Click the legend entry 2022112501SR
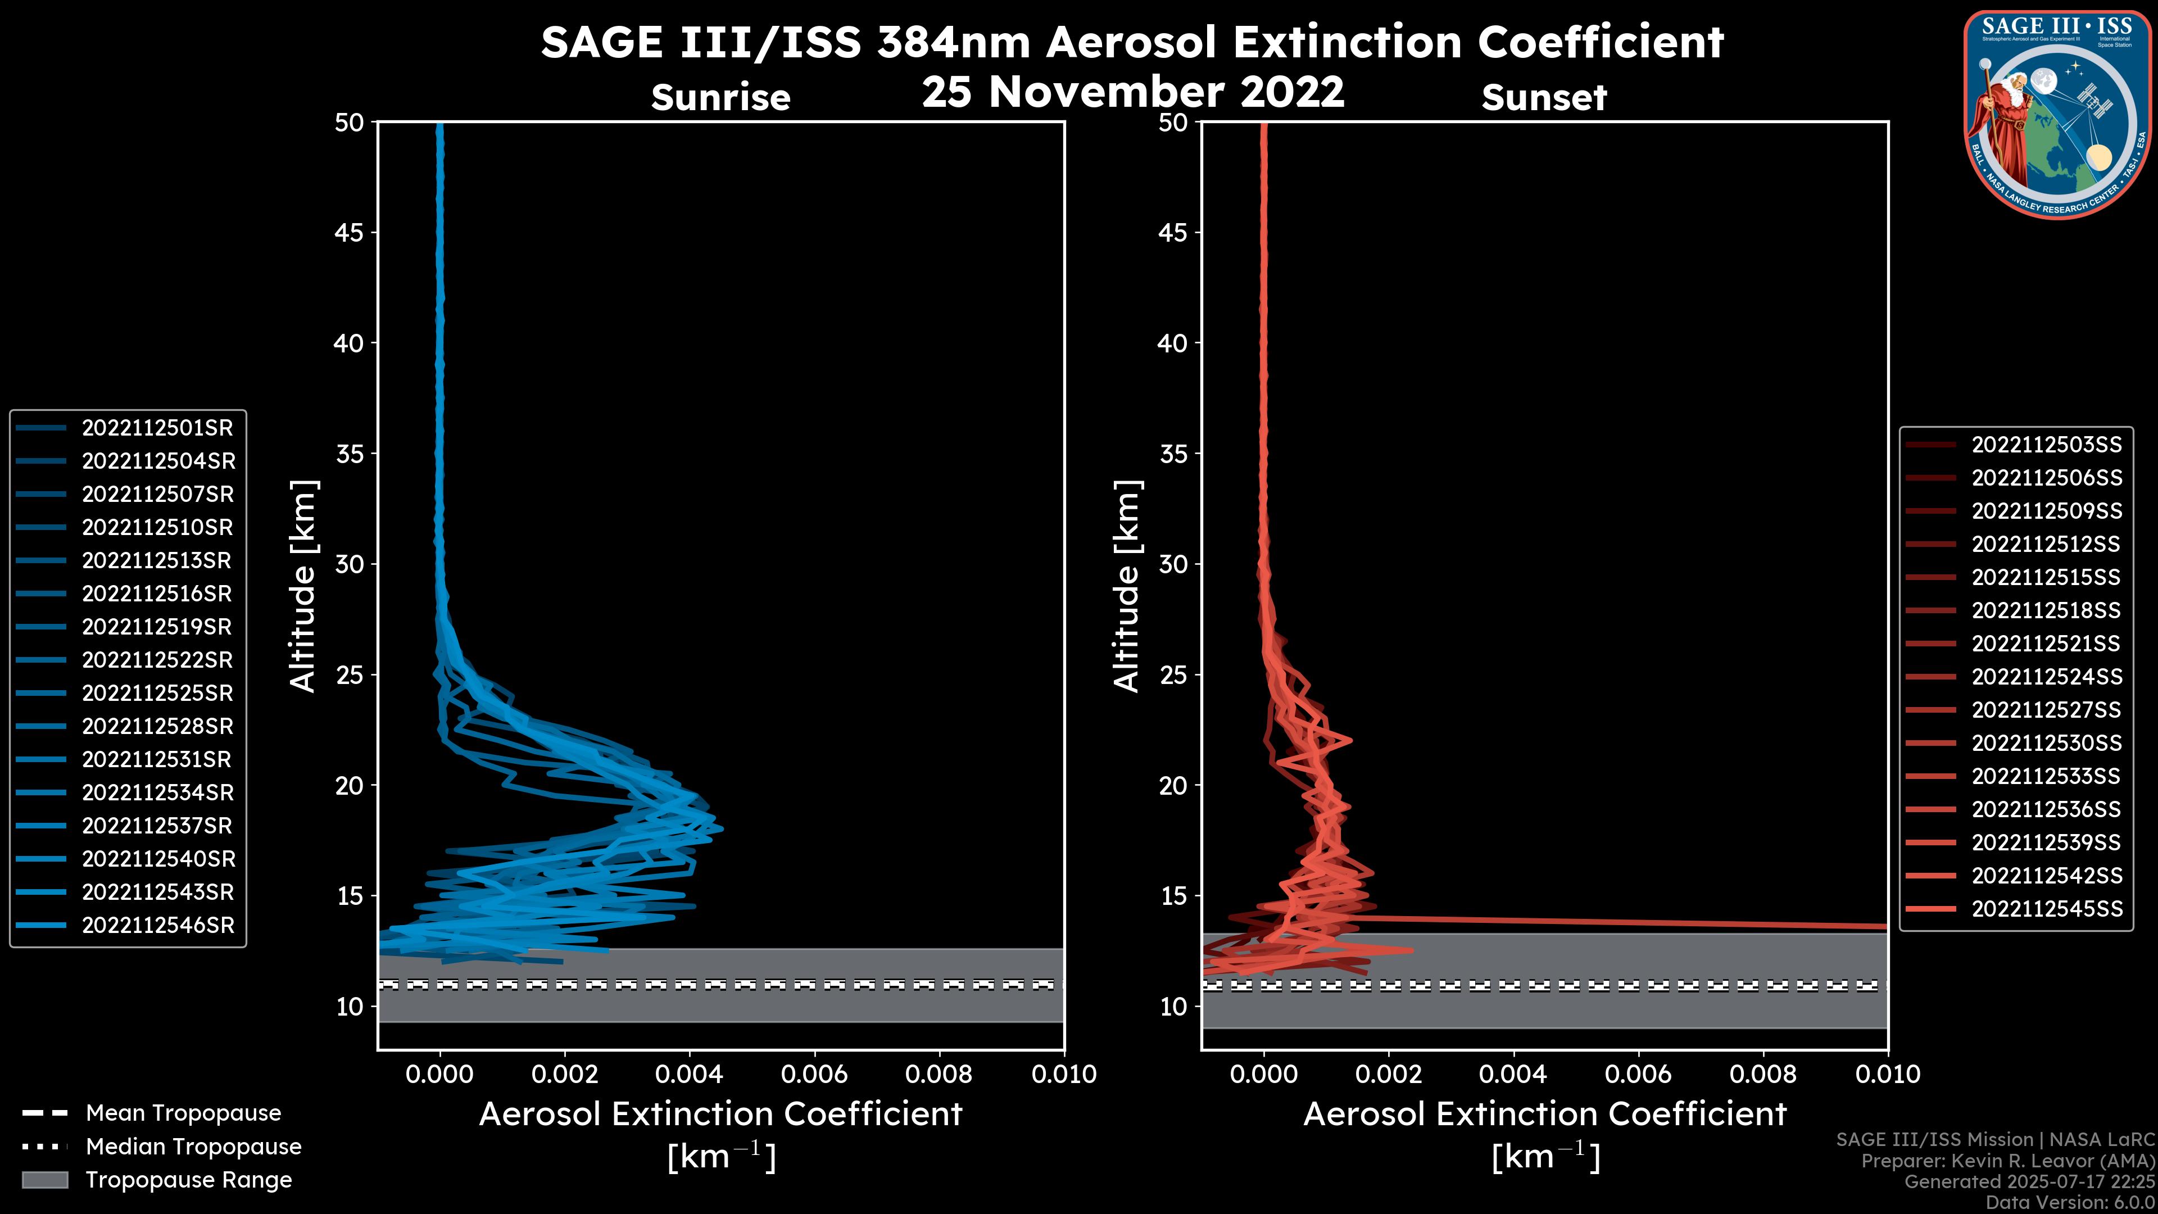coord(157,428)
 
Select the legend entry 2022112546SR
coord(157,926)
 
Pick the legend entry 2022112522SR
coord(157,660)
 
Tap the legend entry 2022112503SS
coord(2046,445)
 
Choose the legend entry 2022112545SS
coord(2046,909)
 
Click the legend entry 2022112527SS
coord(2046,710)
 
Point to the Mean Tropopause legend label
coord(183,1113)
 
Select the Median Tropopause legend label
coord(193,1147)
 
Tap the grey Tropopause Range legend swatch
coord(45,1180)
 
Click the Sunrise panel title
coord(720,98)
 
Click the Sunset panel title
coord(1544,98)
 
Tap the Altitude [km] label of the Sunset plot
coord(1127,586)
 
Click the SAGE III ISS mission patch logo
coord(2057,113)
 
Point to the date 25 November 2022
coord(1132,92)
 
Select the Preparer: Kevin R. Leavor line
coord(2007,1161)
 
